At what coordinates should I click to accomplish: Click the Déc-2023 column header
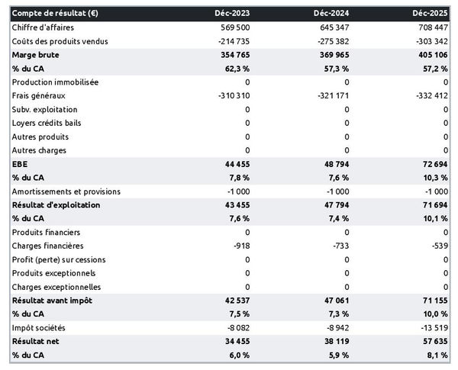pyautogui.click(x=231, y=13)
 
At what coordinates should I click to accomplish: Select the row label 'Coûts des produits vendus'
pyautogui.click(x=60, y=40)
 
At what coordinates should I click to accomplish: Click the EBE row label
pyautogui.click(x=20, y=164)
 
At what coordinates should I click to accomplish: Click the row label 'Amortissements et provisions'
pyautogui.click(x=66, y=191)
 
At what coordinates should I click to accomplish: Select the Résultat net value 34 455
pyautogui.click(x=234, y=342)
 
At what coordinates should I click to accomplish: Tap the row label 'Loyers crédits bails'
pyautogui.click(x=49, y=123)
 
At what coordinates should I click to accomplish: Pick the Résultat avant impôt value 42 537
pyautogui.click(x=234, y=301)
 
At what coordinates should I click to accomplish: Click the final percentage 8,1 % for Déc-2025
pyautogui.click(x=437, y=356)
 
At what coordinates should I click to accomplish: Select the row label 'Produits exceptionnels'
pyautogui.click(x=53, y=273)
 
